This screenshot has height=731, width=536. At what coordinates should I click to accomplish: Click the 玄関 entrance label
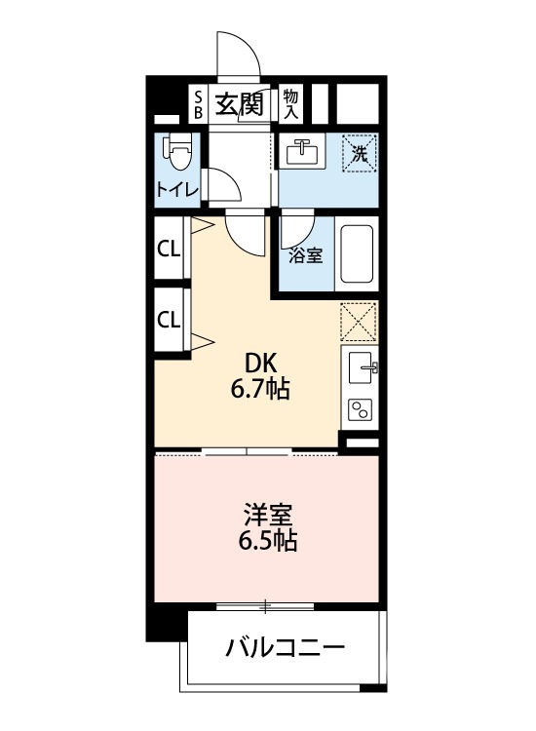click(x=239, y=103)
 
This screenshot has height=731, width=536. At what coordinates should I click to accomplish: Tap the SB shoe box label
click(x=197, y=103)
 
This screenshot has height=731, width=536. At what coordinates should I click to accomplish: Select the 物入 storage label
click(x=290, y=103)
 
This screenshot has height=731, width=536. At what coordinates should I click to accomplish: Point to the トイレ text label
click(x=176, y=189)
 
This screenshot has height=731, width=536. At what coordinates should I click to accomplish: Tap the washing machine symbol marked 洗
click(x=358, y=153)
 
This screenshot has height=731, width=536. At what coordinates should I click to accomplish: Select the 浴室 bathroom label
click(x=306, y=255)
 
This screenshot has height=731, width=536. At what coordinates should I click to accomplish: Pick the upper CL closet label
click(x=169, y=250)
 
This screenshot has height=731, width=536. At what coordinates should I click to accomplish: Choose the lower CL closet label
click(x=169, y=319)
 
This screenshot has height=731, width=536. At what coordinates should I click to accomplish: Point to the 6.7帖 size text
click(x=258, y=390)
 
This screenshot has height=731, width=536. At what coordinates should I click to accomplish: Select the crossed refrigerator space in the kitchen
click(x=359, y=320)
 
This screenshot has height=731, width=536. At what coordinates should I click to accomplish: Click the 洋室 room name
click(x=264, y=513)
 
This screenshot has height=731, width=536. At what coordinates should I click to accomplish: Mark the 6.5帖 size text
click(x=264, y=541)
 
